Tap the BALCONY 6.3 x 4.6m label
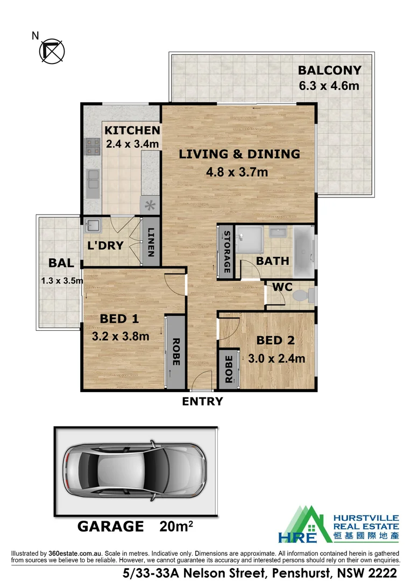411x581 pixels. pos(329,77)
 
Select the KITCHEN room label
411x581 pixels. pos(132,131)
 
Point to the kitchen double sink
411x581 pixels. pos(92,178)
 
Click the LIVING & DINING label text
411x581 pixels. pos(239,154)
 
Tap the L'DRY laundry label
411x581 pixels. pos(105,246)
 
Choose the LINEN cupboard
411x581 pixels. pos(151,242)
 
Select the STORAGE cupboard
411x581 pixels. pos(226,252)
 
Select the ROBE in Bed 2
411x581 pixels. pos(228,369)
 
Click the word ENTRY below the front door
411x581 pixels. pos(202,401)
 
